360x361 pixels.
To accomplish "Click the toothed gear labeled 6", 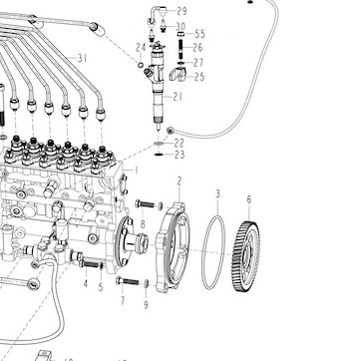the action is pos(245,256).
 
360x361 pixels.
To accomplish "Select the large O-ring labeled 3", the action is pos(202,252).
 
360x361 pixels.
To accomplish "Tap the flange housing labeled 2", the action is pos(173,247).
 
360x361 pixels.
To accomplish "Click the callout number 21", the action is pos(178,97).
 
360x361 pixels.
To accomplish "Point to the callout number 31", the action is pos(82,59).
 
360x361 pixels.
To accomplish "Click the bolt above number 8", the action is pos(145,204).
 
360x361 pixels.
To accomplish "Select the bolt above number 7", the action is pos(128,281).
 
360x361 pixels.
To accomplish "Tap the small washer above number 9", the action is pos(146,283).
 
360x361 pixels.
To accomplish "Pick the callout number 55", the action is pos(199,34).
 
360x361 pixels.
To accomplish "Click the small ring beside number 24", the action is pos(141,65).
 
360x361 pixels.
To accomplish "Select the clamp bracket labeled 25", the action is pos(179,74).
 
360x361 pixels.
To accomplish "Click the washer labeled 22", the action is pos(159,144).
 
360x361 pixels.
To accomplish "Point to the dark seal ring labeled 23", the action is pos(159,155).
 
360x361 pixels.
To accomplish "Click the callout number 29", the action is pos(181,11).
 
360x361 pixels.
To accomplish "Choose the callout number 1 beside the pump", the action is pos(136,171).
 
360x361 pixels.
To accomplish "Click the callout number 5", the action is pos(101,287).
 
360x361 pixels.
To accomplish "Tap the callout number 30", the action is pos(180,26).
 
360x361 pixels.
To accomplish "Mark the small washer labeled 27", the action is pos(181,63).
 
